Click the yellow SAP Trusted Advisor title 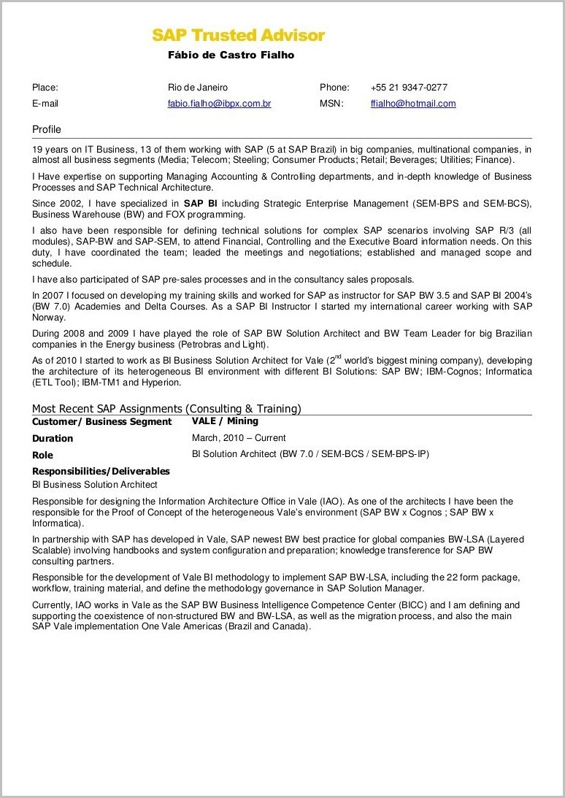[x=238, y=35]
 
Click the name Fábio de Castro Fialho [x=231, y=55]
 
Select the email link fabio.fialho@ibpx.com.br [x=219, y=104]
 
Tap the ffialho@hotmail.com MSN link [x=412, y=104]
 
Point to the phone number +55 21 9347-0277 [x=409, y=88]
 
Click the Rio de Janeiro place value [x=198, y=88]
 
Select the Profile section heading [x=47, y=129]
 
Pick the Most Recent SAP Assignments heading [x=166, y=409]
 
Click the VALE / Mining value [x=225, y=421]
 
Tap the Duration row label [x=53, y=439]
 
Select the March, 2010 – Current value [x=239, y=438]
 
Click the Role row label [x=42, y=455]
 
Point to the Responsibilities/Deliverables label [x=101, y=471]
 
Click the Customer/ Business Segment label [x=101, y=422]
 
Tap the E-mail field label [x=45, y=104]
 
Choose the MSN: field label [x=331, y=104]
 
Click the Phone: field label [x=334, y=88]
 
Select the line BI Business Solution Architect [x=95, y=485]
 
